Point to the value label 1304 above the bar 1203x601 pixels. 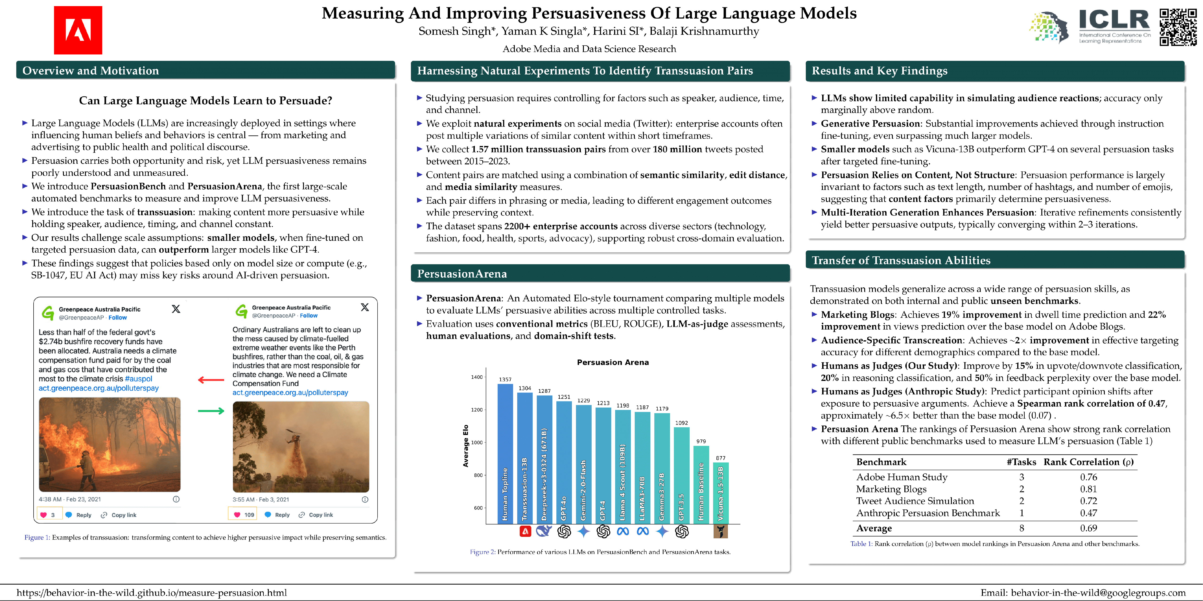525,388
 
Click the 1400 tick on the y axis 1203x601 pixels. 477,377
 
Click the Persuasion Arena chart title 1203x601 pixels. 613,362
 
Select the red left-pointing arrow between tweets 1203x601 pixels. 211,380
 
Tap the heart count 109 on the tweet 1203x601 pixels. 249,515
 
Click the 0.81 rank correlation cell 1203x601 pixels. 1088,489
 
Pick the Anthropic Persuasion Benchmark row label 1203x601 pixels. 928,513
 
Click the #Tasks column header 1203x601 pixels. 1021,462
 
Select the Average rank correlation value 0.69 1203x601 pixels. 1088,528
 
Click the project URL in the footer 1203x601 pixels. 152,593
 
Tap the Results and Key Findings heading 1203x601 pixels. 879,71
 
